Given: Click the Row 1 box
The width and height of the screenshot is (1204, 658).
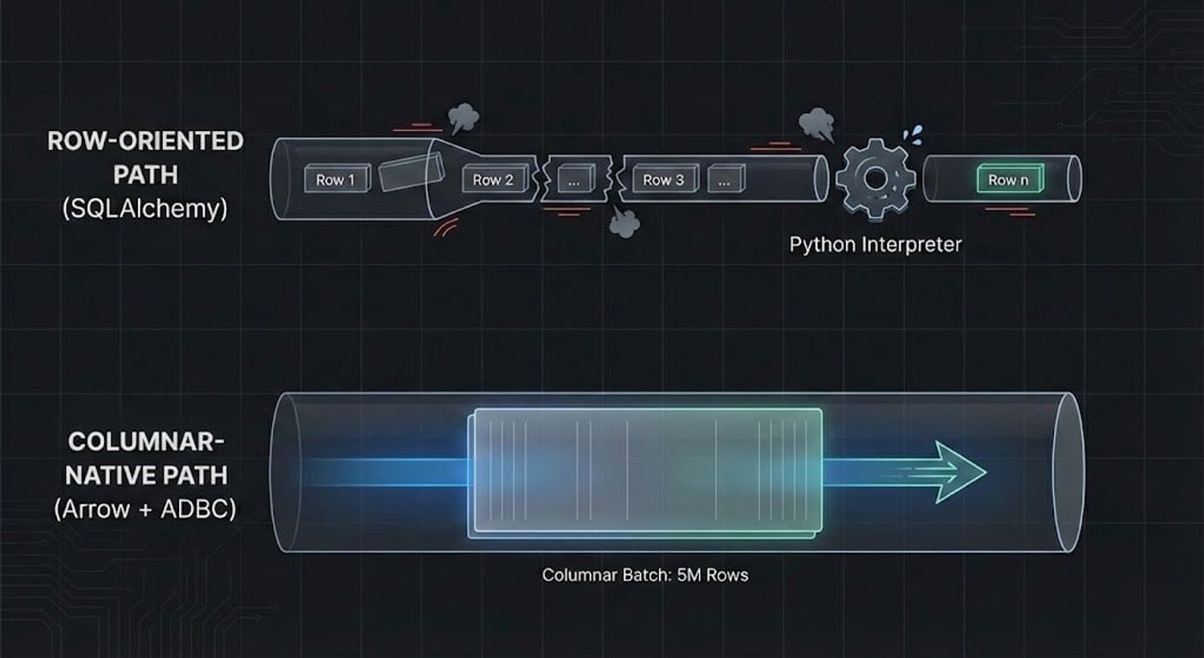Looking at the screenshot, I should (x=336, y=179).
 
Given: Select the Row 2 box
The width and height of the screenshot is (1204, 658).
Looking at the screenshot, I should (x=493, y=180).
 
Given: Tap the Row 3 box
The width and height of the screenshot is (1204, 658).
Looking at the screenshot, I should (x=664, y=180).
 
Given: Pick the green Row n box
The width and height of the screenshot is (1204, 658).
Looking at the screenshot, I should (x=1008, y=180).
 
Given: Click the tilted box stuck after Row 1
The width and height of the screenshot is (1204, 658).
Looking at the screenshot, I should (x=410, y=174).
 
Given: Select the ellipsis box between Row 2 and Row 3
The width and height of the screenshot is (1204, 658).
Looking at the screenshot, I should (x=574, y=181).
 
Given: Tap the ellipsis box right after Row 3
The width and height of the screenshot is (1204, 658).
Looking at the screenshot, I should (x=725, y=181).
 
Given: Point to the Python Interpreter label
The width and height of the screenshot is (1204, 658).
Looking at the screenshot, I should (x=875, y=244).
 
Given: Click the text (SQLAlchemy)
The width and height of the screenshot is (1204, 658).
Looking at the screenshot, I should (x=144, y=209).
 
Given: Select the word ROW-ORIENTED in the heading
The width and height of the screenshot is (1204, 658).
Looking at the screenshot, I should (x=145, y=141).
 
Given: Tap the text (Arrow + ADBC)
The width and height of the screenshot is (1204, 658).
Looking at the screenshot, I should (x=145, y=509).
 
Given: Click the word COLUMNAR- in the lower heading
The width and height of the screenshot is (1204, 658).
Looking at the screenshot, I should (x=145, y=441).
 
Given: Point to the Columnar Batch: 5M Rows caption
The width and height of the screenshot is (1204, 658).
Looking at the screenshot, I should (x=645, y=575).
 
